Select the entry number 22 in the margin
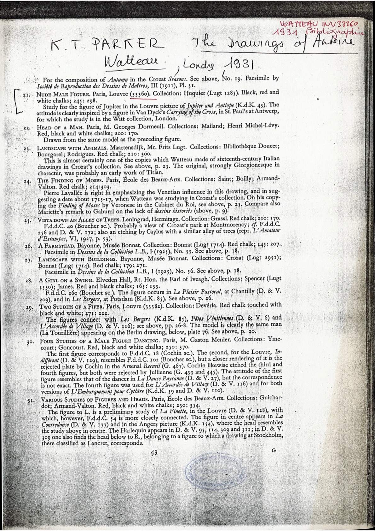pyautogui.click(x=26, y=128)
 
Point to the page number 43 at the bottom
pyautogui.click(x=154, y=452)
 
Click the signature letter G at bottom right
pyautogui.click(x=273, y=450)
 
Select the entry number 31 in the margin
pyautogui.click(x=31, y=400)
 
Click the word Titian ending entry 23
pyautogui.click(x=155, y=172)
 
